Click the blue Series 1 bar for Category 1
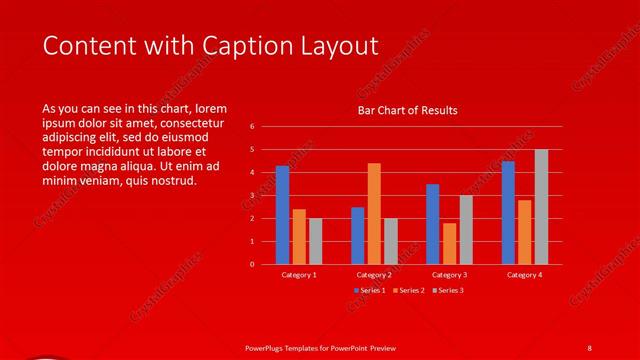[x=282, y=215]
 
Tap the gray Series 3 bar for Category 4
[x=541, y=207]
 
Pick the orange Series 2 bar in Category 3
[x=449, y=244]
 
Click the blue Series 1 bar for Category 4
[x=508, y=213]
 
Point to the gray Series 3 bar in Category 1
[x=316, y=241]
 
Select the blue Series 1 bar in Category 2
[x=357, y=236]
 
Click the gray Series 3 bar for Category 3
[x=466, y=230]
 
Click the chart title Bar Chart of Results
[x=407, y=111]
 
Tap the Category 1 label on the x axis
[x=299, y=274]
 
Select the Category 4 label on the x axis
[x=524, y=274]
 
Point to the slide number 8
[x=590, y=347]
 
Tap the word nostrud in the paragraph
[x=172, y=181]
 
